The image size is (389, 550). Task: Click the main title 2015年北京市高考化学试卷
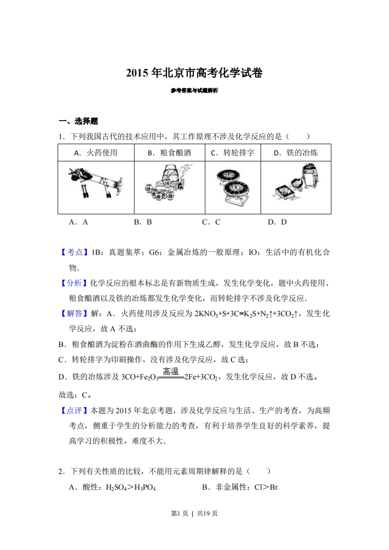pos(194,74)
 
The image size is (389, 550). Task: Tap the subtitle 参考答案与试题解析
pos(194,91)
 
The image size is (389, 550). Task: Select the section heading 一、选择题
pos(78,121)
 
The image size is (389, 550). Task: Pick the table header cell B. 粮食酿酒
pos(169,152)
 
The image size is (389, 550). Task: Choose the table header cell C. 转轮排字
pos(233,152)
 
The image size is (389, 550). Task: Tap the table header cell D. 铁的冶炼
pos(295,152)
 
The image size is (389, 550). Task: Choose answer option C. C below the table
pos(211,222)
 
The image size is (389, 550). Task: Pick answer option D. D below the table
pos(277,222)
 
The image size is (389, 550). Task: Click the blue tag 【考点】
pos(72,252)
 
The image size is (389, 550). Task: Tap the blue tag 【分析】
pos(72,283)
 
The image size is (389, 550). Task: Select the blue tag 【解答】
pos(72,313)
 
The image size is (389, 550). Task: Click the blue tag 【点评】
pos(72,410)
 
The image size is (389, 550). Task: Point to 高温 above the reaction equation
pos(170,372)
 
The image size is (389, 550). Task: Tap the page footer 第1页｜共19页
pos(194,513)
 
